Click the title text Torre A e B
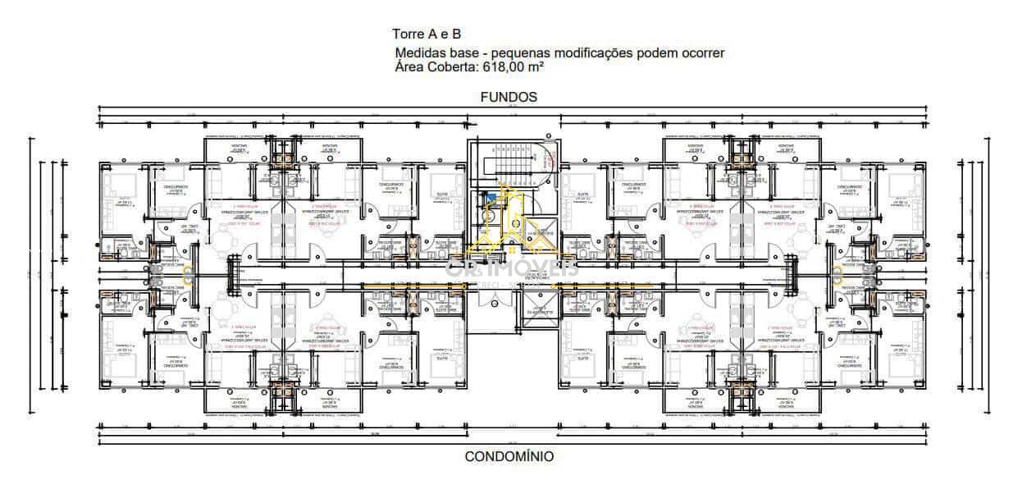[x=427, y=34]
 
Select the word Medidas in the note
[x=421, y=53]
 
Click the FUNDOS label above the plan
[x=509, y=97]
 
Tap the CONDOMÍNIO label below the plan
[x=509, y=456]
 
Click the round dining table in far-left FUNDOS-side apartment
[x=223, y=241]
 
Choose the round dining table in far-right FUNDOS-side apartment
[x=802, y=241]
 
